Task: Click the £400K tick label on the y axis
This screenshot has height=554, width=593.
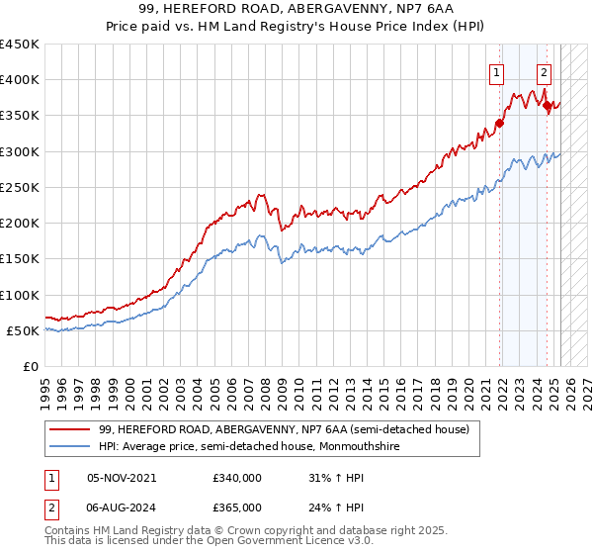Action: (19, 80)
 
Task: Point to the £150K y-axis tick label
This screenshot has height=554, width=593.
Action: (19, 259)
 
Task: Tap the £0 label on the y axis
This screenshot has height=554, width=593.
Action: (30, 367)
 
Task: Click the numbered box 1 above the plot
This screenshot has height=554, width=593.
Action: (495, 71)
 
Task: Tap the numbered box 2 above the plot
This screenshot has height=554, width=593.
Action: (544, 71)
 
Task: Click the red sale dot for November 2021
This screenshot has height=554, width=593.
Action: (500, 124)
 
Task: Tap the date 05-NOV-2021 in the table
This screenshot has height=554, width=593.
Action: (122, 477)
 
